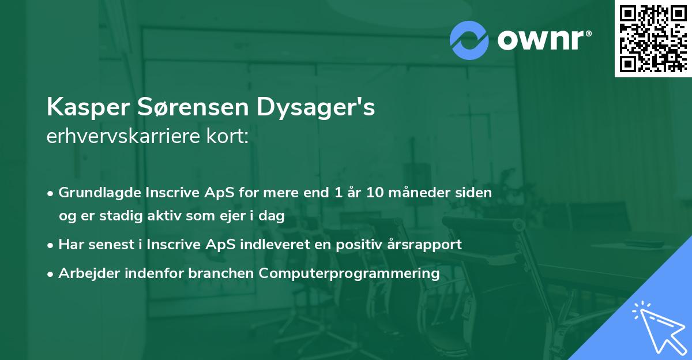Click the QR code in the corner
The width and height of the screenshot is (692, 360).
[653, 38]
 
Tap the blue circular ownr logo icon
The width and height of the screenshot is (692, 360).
[469, 40]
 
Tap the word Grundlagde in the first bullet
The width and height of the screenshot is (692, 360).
[95, 193]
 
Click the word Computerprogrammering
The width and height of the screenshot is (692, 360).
[349, 273]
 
